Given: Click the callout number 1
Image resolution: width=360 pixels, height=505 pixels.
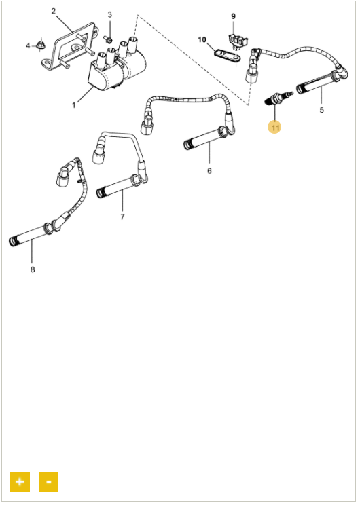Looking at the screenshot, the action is [74, 105].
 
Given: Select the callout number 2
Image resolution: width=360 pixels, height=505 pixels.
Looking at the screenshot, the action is [54, 11].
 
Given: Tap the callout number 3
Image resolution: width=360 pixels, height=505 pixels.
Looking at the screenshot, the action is [109, 14].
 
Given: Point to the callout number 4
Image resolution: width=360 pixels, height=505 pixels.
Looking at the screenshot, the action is [28, 45].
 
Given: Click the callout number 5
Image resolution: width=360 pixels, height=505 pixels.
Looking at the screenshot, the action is [321, 110].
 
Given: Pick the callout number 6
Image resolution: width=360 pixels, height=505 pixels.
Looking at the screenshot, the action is [209, 170].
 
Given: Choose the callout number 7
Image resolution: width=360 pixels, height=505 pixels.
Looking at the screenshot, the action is [122, 217].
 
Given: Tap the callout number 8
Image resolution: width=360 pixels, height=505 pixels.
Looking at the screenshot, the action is [32, 269].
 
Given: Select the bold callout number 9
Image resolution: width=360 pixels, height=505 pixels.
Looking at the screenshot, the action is [234, 16].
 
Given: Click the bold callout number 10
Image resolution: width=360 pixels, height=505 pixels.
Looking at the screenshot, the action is [202, 39].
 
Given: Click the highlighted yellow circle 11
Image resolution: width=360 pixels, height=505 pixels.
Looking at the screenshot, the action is [274, 128].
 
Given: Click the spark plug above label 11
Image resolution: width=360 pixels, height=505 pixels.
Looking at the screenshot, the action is [278, 97].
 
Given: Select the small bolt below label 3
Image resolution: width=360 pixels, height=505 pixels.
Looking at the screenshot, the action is [107, 39].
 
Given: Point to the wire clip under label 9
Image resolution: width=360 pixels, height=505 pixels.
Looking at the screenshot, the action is [238, 40].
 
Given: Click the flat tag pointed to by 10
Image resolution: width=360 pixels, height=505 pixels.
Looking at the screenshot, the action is [228, 56].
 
